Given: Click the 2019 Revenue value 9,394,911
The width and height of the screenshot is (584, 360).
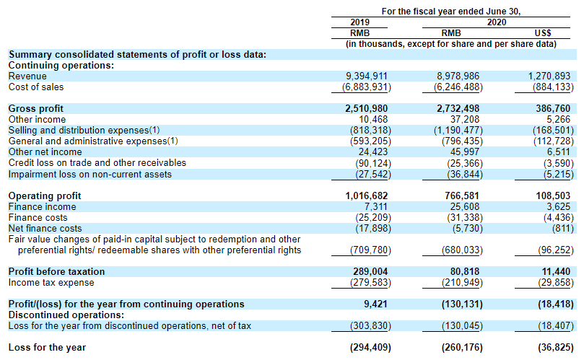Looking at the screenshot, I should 368,76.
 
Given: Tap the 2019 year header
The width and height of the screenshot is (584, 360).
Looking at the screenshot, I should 359,22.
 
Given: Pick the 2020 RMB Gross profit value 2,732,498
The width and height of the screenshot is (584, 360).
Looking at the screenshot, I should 458,109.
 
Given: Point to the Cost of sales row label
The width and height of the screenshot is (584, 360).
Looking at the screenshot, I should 36,87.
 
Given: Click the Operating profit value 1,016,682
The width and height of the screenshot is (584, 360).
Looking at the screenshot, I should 368,196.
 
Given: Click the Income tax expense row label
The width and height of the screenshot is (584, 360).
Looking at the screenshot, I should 51,283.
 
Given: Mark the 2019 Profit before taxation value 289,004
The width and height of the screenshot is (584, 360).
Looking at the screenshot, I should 373,272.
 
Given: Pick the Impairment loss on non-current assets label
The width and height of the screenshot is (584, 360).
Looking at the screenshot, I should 90,174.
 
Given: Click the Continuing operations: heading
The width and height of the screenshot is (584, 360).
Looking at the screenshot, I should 61,66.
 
